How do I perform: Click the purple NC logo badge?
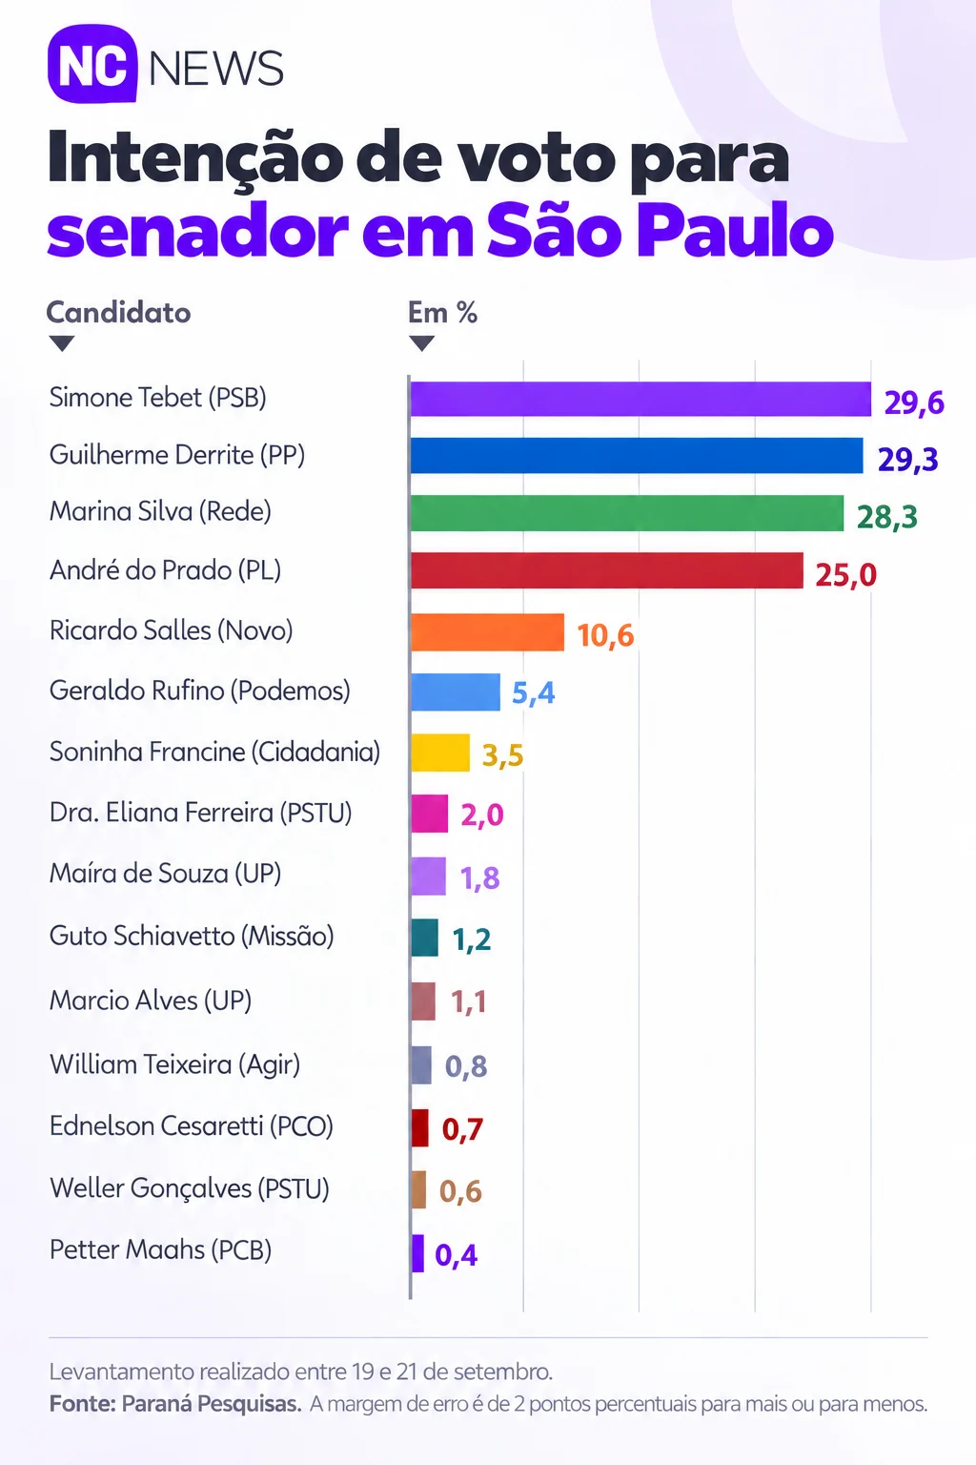pos(92,64)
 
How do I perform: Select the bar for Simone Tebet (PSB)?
pos(640,399)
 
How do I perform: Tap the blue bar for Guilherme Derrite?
pos(637,455)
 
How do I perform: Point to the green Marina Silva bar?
pos(627,513)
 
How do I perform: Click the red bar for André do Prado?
pos(606,570)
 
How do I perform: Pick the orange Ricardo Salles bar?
pos(487,631)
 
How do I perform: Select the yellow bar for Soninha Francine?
pos(440,753)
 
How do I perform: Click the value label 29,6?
pos(914,402)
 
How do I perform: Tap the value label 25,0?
pos(846,575)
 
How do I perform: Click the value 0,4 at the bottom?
pos(457,1255)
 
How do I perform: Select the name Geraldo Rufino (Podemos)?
pos(200,691)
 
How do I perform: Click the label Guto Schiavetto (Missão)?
pos(192,936)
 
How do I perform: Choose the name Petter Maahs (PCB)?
pos(160,1249)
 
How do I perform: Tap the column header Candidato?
pos(118,313)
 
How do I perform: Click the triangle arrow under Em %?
pos(421,342)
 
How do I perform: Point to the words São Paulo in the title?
pos(660,230)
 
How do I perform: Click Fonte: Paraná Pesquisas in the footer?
pos(175,1404)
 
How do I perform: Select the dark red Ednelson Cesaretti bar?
pos(419,1128)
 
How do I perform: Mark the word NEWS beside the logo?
pos(216,68)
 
